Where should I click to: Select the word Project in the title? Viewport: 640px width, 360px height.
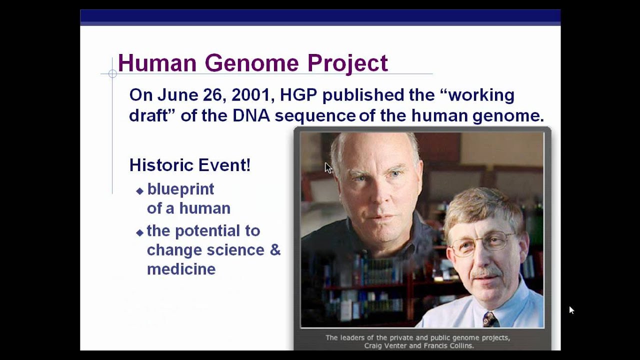347,63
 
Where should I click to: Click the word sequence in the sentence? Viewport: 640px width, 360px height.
315,116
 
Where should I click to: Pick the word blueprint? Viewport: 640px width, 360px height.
180,189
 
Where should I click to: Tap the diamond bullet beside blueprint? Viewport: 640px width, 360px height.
139,190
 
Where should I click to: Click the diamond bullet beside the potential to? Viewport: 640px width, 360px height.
139,232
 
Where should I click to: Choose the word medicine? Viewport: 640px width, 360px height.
181,269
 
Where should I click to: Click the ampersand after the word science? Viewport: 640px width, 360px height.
275,250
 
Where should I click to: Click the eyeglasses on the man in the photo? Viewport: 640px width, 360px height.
482,243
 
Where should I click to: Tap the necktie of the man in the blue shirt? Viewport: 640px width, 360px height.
489,319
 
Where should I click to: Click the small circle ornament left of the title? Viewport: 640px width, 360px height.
112,74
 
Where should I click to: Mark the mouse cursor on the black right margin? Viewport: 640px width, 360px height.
571,310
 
